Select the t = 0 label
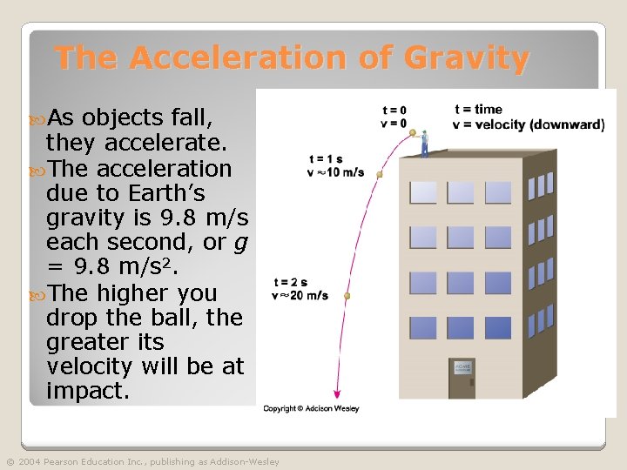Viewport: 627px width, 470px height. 394,111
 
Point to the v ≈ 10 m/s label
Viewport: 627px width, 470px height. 336,171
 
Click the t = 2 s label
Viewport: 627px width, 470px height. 290,283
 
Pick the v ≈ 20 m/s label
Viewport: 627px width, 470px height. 300,296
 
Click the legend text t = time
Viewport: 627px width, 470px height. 478,110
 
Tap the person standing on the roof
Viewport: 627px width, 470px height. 424,143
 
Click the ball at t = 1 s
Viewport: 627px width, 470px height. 379,175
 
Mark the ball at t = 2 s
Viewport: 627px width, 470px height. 347,297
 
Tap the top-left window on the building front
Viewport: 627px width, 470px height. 423,191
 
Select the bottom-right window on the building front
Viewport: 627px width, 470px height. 498,327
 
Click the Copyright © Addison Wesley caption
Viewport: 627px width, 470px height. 311,408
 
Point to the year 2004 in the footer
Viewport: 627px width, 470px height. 30,462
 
